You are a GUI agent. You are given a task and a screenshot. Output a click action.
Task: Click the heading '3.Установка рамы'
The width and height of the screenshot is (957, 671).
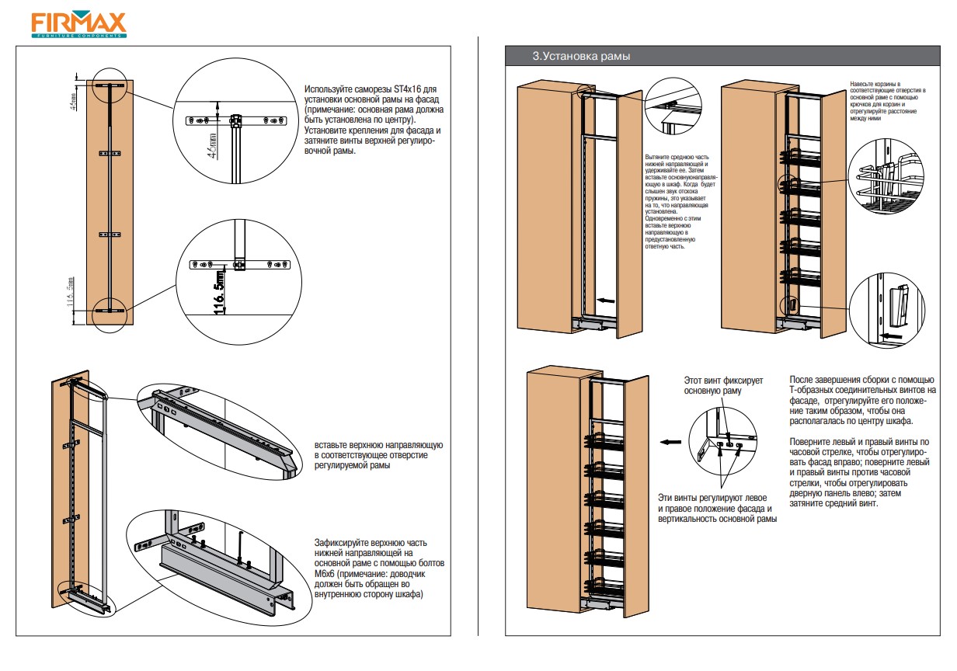pos(581,56)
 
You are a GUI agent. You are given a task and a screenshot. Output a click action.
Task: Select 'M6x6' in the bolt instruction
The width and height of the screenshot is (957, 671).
pos(328,574)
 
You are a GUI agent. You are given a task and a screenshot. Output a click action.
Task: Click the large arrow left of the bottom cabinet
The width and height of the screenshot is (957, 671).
pos(668,443)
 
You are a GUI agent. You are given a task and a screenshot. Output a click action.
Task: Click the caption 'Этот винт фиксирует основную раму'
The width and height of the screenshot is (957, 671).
pos(723,386)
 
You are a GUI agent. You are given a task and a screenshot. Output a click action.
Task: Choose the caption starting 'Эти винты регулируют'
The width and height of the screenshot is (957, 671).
pos(717,508)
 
